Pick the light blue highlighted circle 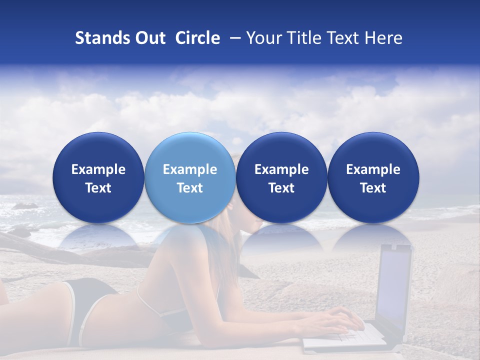190,177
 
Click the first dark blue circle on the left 98,177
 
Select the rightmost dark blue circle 373,177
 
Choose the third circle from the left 281,177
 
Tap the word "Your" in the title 263,38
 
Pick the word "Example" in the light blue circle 190,169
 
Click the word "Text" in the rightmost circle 373,188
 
